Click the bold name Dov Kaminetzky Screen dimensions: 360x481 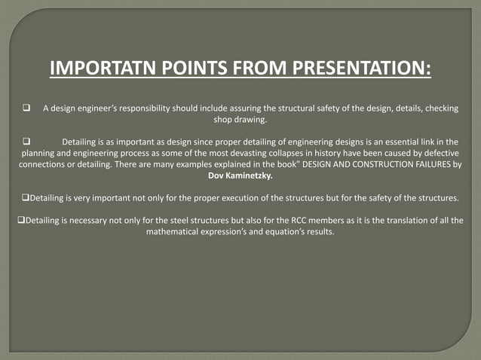[240, 175]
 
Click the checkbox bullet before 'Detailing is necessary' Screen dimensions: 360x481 [20, 220]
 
